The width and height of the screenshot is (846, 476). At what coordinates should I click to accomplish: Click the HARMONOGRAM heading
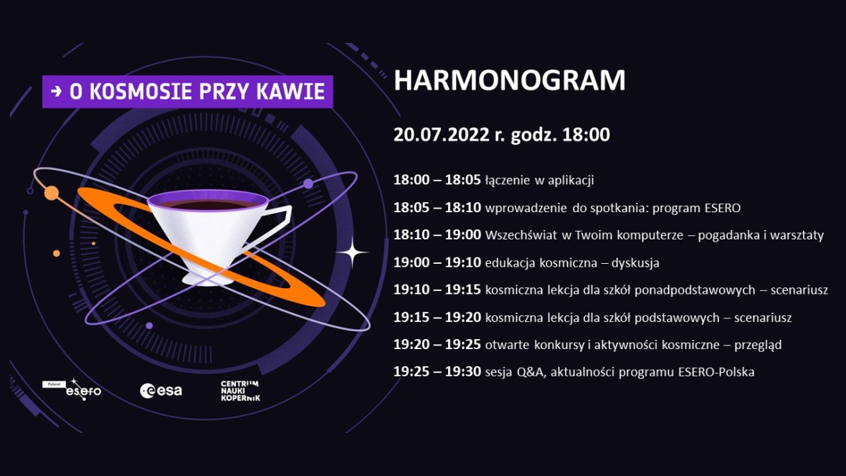pos(509,80)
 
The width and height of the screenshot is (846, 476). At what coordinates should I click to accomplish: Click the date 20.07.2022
pos(442,134)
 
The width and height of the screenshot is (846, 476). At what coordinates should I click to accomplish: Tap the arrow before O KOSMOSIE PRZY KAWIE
pos(56,91)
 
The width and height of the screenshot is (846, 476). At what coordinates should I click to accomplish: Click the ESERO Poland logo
pos(72,389)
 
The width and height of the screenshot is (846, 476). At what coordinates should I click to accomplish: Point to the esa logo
pos(161,390)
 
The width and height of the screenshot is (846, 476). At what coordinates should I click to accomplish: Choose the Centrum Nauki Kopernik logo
pos(240,391)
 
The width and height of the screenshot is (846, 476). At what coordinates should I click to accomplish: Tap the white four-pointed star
pos(352,252)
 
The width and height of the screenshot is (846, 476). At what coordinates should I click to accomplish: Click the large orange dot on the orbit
pos(51,193)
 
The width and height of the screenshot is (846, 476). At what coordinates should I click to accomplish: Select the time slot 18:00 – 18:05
pos(437,180)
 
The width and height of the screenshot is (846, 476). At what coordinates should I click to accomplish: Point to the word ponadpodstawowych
pos(695,290)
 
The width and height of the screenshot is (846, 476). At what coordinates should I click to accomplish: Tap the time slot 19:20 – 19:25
pos(437,344)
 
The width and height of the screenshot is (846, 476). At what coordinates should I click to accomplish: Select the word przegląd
pos(758,345)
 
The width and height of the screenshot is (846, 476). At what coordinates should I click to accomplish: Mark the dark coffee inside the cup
pos(207,204)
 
